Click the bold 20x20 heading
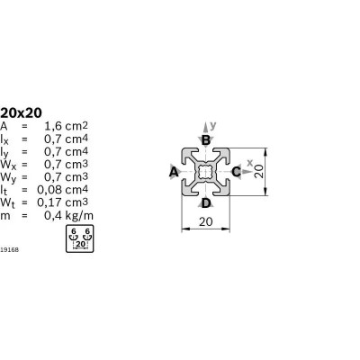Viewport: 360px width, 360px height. (21, 113)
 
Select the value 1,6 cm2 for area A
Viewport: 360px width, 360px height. (66, 126)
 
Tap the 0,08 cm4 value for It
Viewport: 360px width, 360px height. (62, 190)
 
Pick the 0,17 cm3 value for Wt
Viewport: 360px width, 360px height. (62, 202)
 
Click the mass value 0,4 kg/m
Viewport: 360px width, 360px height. (68, 215)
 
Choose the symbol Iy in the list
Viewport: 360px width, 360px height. (4, 153)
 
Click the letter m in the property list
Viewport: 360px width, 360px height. (5, 216)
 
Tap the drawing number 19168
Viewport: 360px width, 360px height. (9, 249)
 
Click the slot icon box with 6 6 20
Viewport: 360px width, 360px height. (80, 238)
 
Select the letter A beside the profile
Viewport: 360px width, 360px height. (174, 173)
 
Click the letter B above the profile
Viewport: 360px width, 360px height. (205, 140)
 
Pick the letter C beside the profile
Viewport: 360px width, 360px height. (236, 172)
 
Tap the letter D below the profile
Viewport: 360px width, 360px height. (206, 203)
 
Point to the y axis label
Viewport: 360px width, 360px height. (212, 125)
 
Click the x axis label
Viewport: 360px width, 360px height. (249, 163)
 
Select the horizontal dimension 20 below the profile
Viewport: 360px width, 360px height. (206, 221)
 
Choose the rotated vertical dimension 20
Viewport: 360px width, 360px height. (259, 172)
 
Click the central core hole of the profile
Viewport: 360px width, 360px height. (205, 172)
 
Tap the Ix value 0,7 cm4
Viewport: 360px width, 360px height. (66, 139)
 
